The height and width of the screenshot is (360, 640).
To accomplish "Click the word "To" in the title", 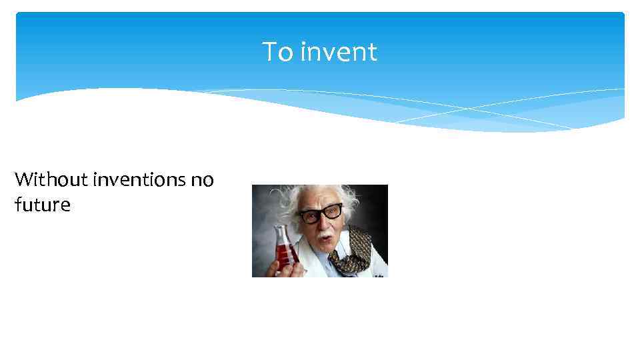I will pos(277,52).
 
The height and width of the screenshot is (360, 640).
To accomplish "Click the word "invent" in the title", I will pos(338,52).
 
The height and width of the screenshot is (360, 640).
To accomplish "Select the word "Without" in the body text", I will pos(51,179).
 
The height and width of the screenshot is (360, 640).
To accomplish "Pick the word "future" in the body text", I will pos(42,205).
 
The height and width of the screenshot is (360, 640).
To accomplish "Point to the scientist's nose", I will pos(323,225).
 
